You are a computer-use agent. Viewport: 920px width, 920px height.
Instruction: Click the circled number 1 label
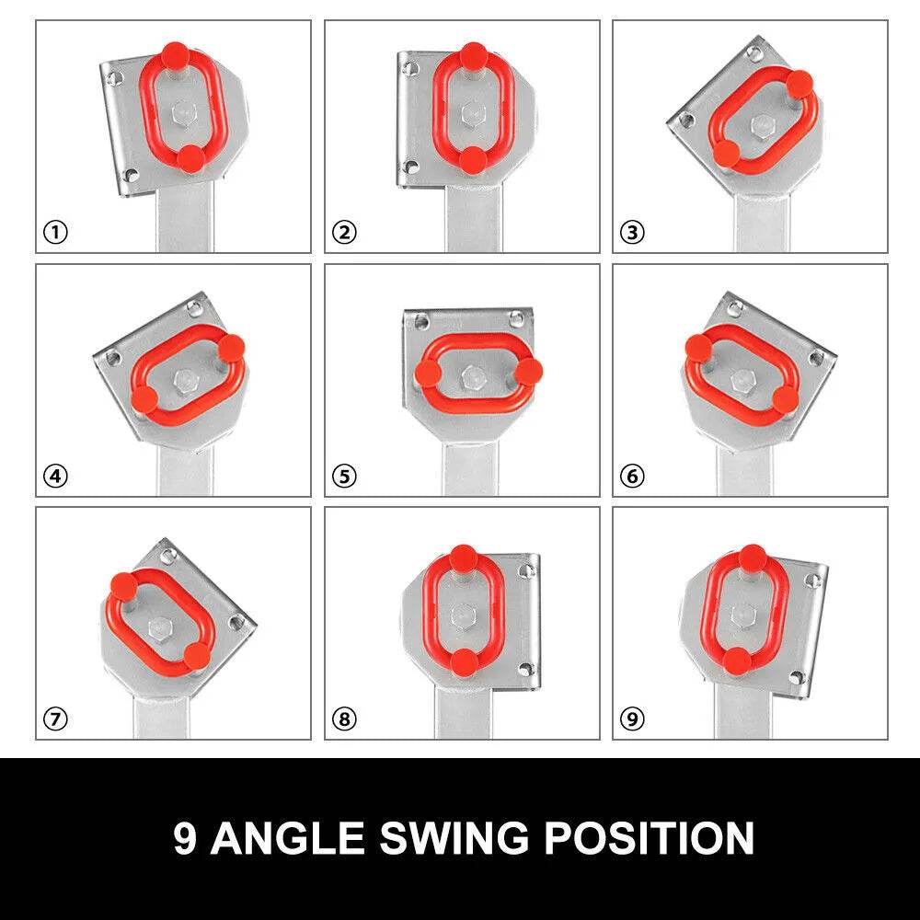[x=56, y=233]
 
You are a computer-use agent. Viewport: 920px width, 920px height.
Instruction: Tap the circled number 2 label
[x=344, y=233]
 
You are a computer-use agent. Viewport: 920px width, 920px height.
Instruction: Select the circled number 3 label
[x=633, y=233]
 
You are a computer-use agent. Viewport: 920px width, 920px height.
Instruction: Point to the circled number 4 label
[x=56, y=476]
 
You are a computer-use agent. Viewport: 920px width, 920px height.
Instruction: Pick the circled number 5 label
[x=344, y=476]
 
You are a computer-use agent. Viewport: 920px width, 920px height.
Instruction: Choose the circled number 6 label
[x=633, y=476]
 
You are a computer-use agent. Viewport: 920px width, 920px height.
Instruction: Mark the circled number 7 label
[x=56, y=719]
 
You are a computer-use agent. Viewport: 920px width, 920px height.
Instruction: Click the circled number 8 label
[x=344, y=719]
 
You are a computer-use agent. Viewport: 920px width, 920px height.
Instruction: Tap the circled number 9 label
[x=633, y=719]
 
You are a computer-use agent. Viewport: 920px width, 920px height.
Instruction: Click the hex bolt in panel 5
[x=472, y=376]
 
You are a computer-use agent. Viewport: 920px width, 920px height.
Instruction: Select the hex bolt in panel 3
[x=762, y=125]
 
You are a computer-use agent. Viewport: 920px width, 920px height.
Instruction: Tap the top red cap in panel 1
[x=175, y=55]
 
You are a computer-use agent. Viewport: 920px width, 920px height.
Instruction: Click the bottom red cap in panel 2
[x=473, y=159]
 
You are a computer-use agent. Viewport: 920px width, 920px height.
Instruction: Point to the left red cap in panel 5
[x=429, y=373]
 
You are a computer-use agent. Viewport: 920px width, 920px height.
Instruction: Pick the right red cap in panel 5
[x=529, y=371]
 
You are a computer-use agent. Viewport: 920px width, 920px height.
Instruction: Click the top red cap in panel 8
[x=464, y=558]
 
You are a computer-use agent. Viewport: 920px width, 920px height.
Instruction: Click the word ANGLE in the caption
[x=287, y=838]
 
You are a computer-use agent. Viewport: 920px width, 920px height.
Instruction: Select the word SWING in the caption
[x=454, y=838]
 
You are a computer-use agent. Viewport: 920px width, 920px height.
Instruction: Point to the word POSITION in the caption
[x=650, y=838]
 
